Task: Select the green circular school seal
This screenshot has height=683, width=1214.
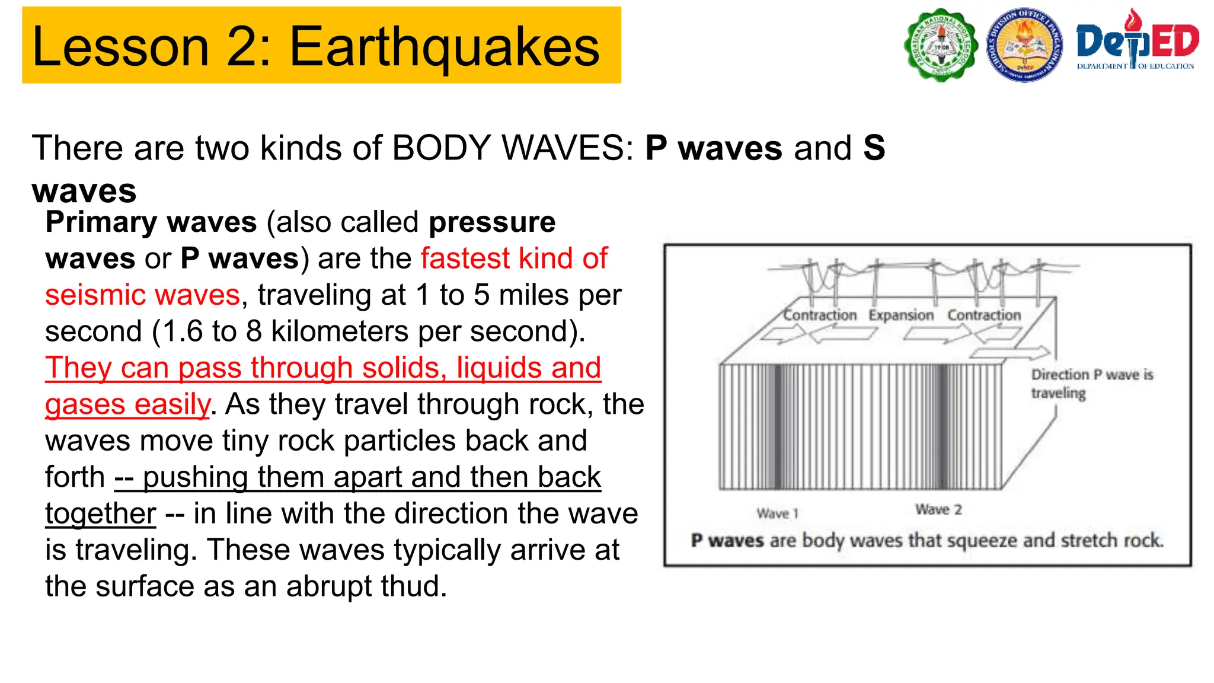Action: [941, 45]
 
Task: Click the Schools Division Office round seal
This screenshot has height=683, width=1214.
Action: [1024, 45]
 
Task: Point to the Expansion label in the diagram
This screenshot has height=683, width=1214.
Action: [900, 315]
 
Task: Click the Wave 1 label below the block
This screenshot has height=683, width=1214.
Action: [777, 513]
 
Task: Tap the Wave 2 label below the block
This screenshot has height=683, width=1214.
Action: [938, 509]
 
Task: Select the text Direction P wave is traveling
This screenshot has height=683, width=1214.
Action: [1091, 384]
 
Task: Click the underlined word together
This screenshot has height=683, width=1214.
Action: [101, 513]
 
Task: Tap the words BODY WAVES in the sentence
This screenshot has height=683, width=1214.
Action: [512, 148]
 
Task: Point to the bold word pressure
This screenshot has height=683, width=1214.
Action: [492, 222]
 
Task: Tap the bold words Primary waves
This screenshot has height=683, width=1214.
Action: [151, 222]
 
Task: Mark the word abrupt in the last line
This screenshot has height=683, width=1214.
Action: [321, 586]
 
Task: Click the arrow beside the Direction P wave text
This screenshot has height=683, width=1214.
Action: [1010, 353]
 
